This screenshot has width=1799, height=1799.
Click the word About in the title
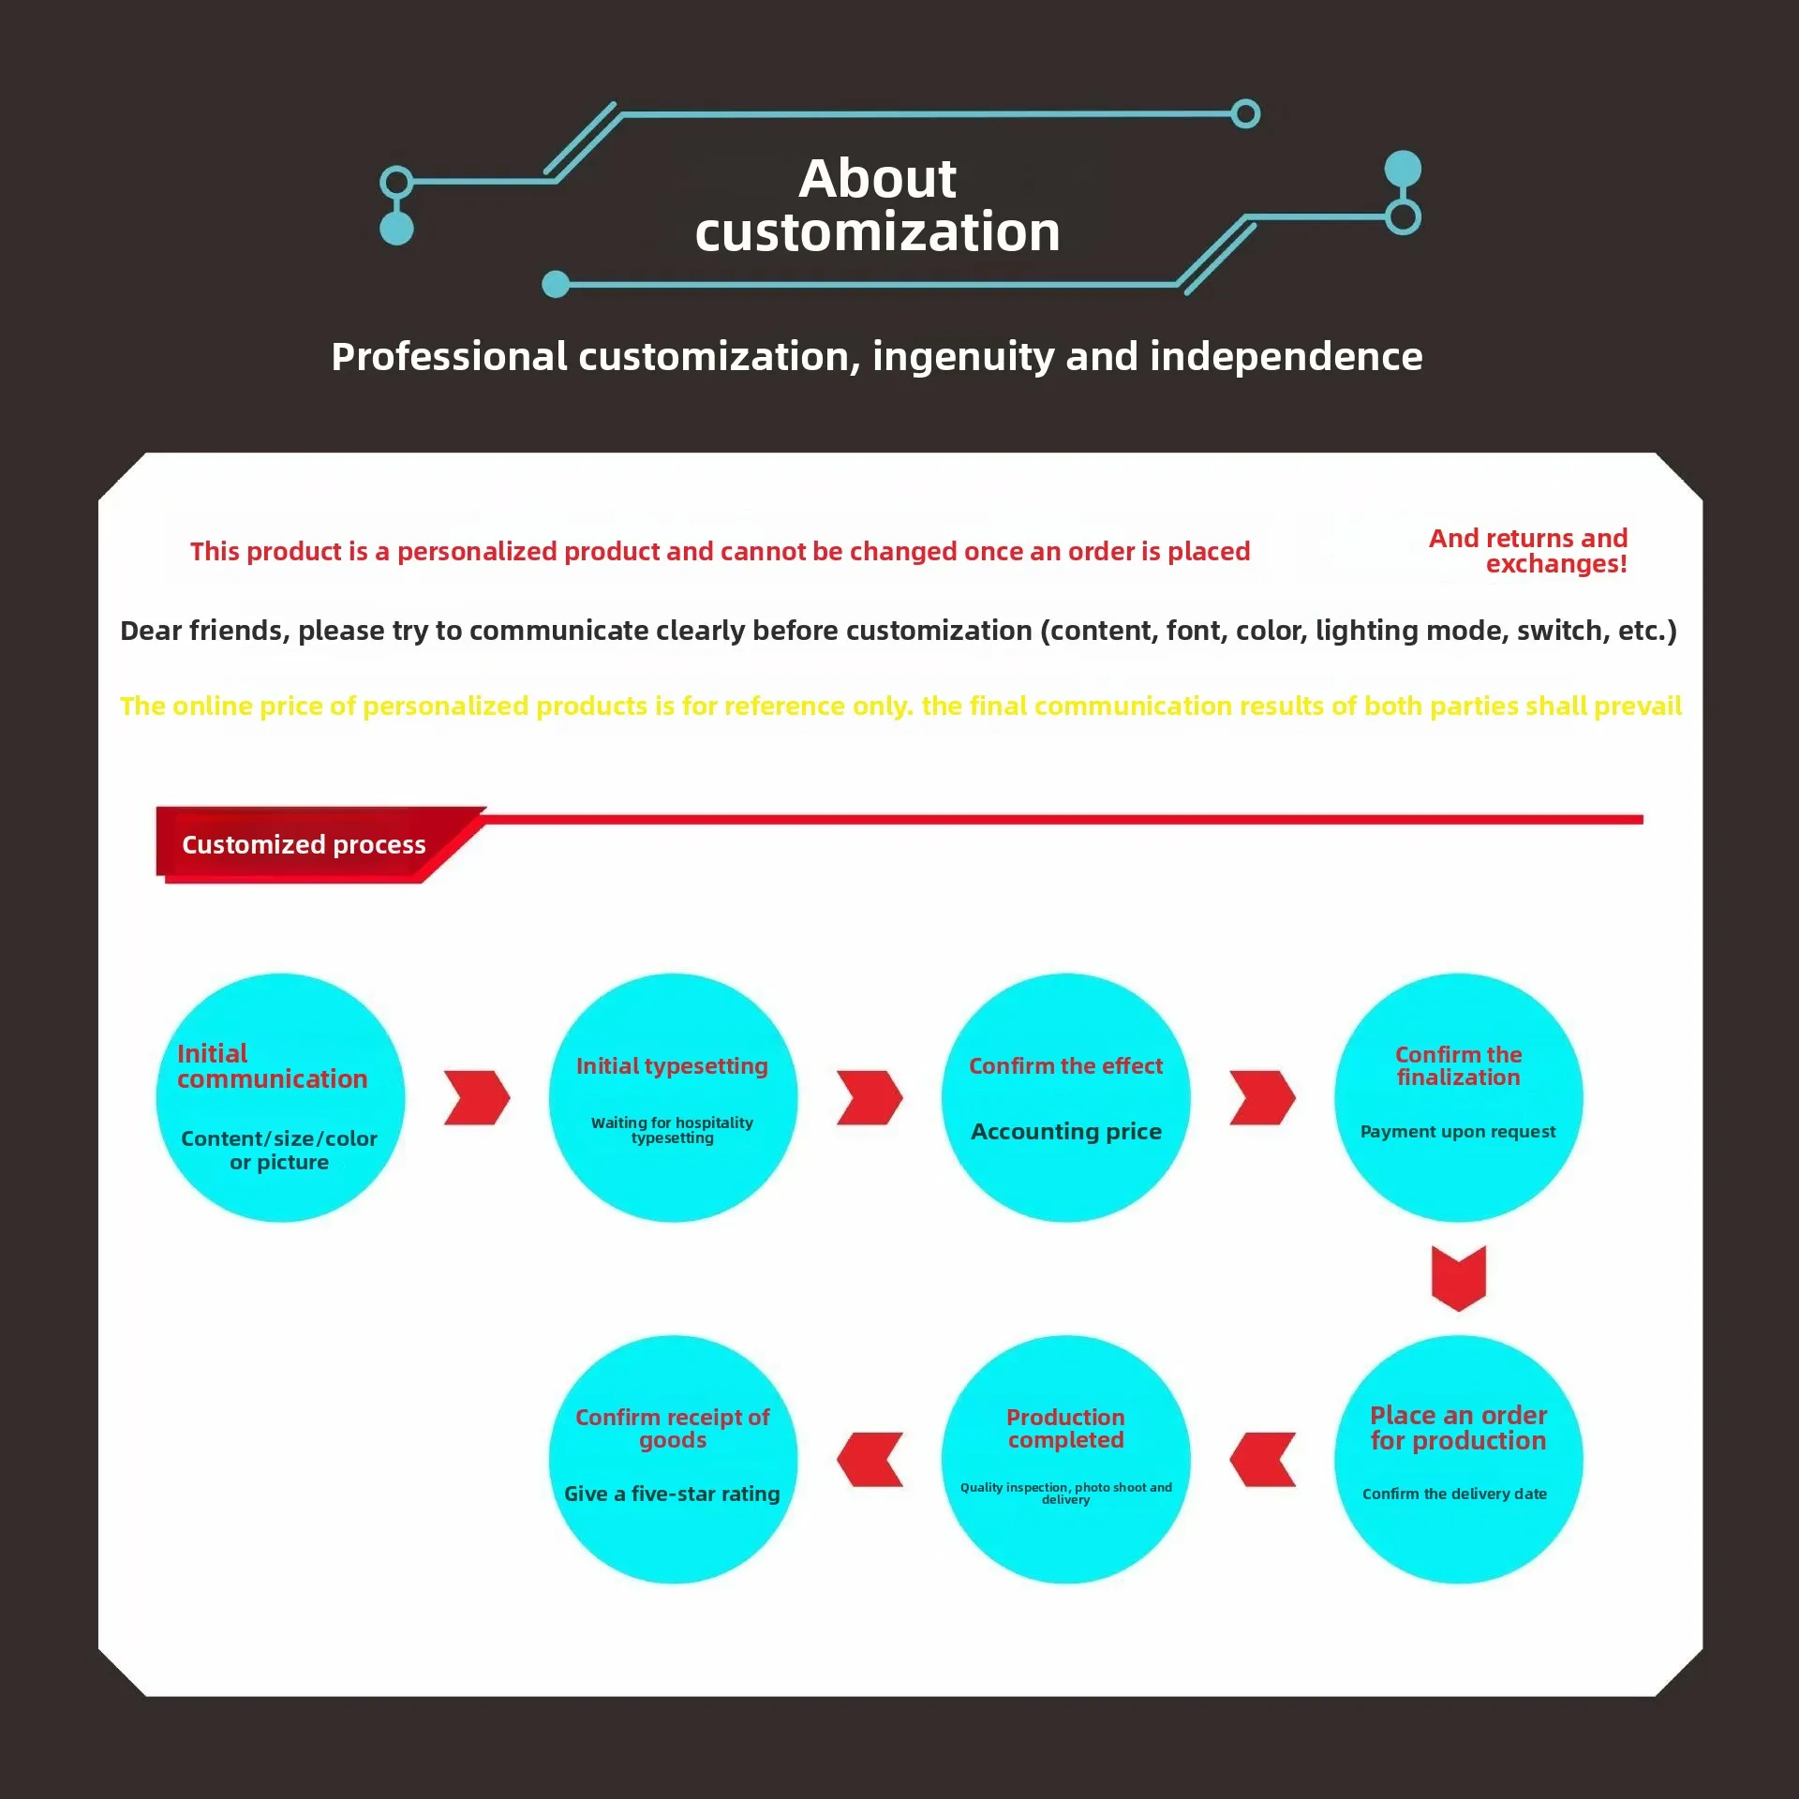[x=877, y=178]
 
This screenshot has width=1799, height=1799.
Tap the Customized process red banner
[x=304, y=844]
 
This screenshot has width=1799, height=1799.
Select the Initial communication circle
[x=280, y=1097]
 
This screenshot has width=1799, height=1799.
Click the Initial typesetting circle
[x=673, y=1097]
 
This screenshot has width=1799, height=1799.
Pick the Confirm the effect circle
[x=1065, y=1097]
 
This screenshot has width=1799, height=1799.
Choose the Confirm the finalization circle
[x=1458, y=1097]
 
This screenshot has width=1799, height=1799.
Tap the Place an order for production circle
[x=1458, y=1459]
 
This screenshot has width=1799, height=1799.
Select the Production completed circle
[x=1065, y=1459]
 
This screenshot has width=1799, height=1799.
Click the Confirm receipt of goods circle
[x=673, y=1459]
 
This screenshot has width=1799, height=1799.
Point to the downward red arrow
[x=1458, y=1278]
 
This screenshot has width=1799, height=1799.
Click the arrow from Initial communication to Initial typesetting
[x=477, y=1097]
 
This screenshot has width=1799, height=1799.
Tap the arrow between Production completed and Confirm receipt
[x=870, y=1459]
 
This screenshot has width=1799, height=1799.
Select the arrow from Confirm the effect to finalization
[x=1262, y=1097]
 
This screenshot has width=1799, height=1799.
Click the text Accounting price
[x=1065, y=1131]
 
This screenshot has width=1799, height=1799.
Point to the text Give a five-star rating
[x=672, y=1494]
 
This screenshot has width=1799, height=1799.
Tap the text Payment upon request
[x=1458, y=1131]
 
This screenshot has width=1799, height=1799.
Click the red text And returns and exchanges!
[x=1529, y=551]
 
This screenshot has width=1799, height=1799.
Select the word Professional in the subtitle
[x=449, y=356]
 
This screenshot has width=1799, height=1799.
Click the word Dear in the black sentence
[x=150, y=631]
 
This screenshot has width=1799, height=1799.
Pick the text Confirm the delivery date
[x=1454, y=1494]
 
